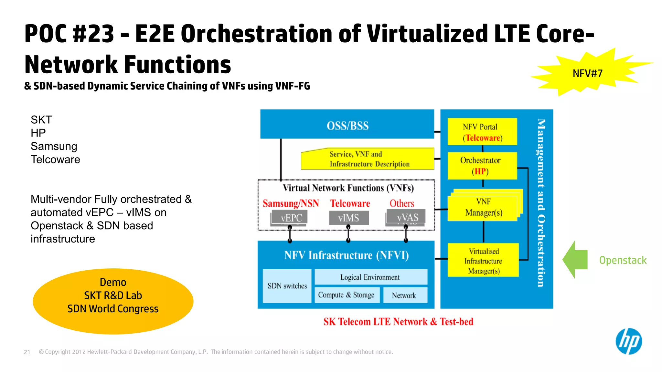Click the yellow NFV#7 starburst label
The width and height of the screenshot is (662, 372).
coord(587,73)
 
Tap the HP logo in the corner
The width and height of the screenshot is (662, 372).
coord(628,341)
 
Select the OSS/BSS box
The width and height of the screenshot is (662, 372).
coord(347,125)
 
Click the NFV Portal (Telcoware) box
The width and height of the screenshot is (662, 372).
coord(482,132)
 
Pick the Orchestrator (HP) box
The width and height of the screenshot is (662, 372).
coord(482,166)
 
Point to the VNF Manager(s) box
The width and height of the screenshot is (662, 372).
coord(483,207)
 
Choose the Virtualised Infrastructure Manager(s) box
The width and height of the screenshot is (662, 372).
coord(483,261)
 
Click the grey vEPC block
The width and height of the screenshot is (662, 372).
coord(290,217)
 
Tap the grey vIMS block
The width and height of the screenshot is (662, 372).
coord(348,218)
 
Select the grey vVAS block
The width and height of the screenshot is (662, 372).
coord(406,217)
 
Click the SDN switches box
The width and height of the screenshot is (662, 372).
coord(287,286)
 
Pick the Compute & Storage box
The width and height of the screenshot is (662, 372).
coord(347,295)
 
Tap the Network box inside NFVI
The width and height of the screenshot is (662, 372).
coord(405,295)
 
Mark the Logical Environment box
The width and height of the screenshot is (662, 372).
coord(370,277)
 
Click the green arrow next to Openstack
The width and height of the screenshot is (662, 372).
coord(575,260)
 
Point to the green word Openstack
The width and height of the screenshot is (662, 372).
coord(623,260)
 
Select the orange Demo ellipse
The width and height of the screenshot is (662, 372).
coord(113,301)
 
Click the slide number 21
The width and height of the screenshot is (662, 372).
coord(27,352)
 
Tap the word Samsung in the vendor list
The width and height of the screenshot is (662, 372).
coord(54,146)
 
